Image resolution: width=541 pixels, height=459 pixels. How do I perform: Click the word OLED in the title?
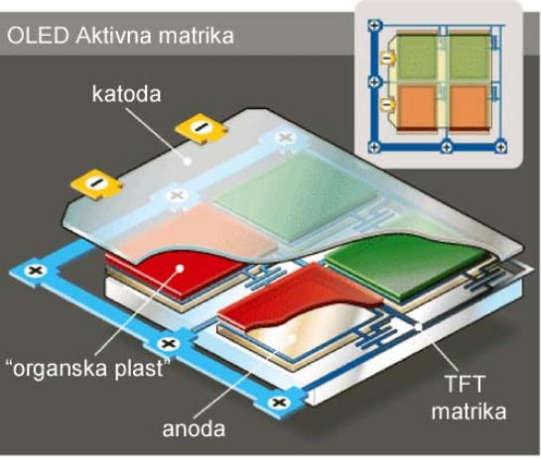pyautogui.click(x=38, y=36)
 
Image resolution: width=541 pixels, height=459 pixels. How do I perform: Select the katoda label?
pyautogui.click(x=127, y=94)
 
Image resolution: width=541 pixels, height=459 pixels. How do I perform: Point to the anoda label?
pyautogui.click(x=194, y=428)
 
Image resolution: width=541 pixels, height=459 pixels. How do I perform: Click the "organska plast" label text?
pyautogui.click(x=89, y=369)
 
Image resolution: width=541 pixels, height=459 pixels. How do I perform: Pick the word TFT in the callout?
pyautogui.click(x=465, y=384)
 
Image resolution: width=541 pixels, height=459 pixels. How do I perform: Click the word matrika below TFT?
pyautogui.click(x=470, y=411)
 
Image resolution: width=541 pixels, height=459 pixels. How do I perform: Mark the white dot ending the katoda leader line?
pyautogui.click(x=187, y=161)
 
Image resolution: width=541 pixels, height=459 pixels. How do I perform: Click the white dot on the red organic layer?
pyautogui.click(x=180, y=268)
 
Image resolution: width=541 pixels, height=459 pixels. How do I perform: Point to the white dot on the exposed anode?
pyautogui.click(x=292, y=339)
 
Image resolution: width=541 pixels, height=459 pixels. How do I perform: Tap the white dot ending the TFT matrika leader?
pyautogui.click(x=418, y=327)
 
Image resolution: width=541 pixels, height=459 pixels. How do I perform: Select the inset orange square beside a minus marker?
pyautogui.click(x=417, y=107)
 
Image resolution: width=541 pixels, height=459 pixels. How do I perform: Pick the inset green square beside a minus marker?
pyautogui.click(x=416, y=57)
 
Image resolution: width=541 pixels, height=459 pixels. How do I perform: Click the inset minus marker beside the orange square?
pyautogui.click(x=388, y=103)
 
